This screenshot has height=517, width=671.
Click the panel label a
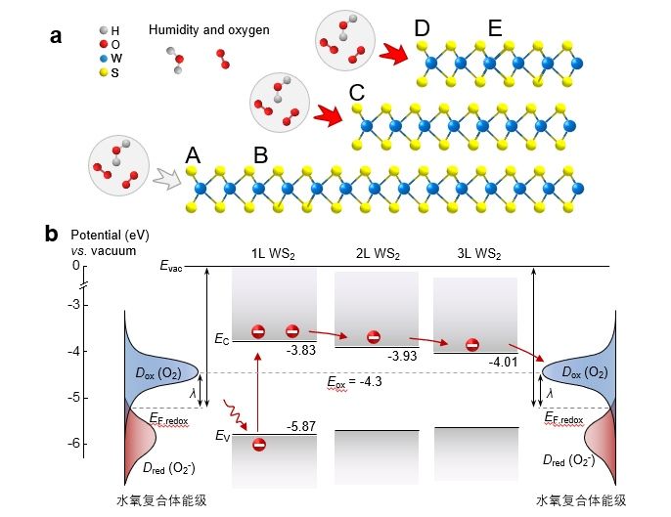click(x=57, y=37)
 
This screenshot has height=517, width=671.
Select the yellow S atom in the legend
click(x=105, y=72)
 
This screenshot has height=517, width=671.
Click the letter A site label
click(x=193, y=155)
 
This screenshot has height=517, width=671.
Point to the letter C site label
click(x=356, y=94)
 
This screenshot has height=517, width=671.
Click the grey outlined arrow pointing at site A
click(x=167, y=179)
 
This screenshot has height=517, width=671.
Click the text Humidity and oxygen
click(x=209, y=30)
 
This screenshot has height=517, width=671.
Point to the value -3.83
click(x=298, y=350)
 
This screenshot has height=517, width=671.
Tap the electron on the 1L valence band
click(x=258, y=446)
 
